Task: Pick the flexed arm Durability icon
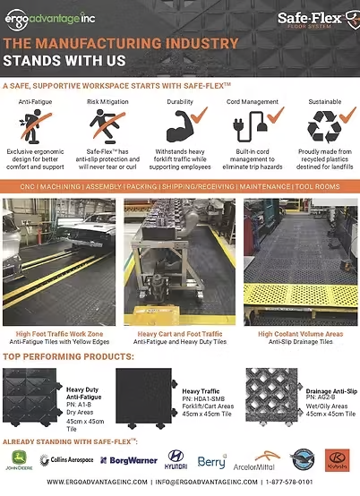[182, 124]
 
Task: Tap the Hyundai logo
[176, 460]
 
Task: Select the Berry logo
[211, 460]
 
